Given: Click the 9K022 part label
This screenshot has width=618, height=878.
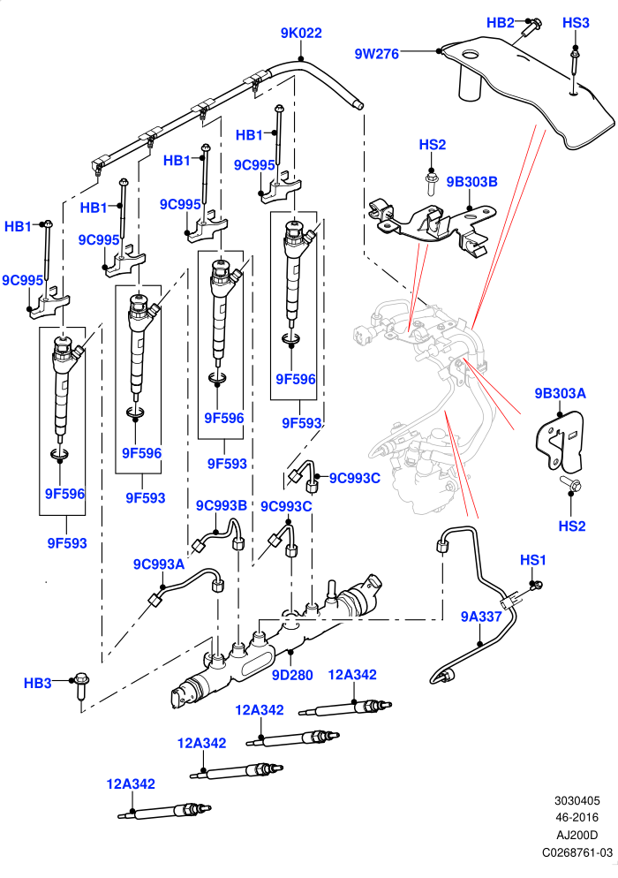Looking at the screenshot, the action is pyautogui.click(x=301, y=33).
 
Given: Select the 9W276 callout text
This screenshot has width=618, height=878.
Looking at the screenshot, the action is pyautogui.click(x=377, y=54).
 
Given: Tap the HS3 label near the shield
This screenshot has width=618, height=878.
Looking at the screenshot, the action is pyautogui.click(x=576, y=23).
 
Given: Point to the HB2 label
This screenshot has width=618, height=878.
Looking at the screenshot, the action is pyautogui.click(x=500, y=22).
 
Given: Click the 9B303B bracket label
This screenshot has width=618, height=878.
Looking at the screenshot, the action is pyautogui.click(x=472, y=182).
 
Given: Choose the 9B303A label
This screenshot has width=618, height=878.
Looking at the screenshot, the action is pyautogui.click(x=560, y=394).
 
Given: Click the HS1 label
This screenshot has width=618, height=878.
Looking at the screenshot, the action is pyautogui.click(x=533, y=560).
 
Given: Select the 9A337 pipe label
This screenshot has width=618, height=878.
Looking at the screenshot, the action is pyautogui.click(x=481, y=617).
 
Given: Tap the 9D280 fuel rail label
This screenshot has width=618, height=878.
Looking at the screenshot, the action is pyautogui.click(x=292, y=676).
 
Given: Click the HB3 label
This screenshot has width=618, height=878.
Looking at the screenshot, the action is pyautogui.click(x=37, y=683).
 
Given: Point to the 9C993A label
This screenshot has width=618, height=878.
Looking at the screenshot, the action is pyautogui.click(x=158, y=564).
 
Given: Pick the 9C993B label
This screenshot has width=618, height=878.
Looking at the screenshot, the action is pyautogui.click(x=221, y=505).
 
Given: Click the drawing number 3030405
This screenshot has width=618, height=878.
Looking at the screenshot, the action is pyautogui.click(x=577, y=801).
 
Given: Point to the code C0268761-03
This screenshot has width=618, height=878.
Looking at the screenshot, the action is pyautogui.click(x=577, y=852).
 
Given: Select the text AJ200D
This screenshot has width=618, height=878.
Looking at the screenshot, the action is pyautogui.click(x=577, y=836).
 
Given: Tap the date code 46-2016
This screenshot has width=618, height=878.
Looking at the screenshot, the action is pyautogui.click(x=577, y=818).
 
